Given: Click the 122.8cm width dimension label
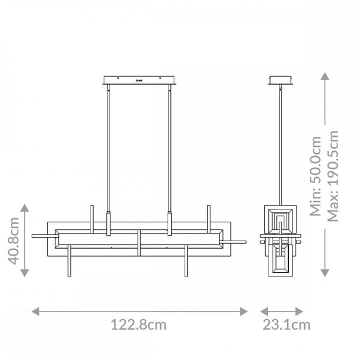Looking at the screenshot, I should click(138, 324).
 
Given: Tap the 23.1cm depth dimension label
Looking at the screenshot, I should click(287, 324).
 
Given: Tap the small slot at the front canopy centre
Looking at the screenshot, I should click(138, 79).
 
